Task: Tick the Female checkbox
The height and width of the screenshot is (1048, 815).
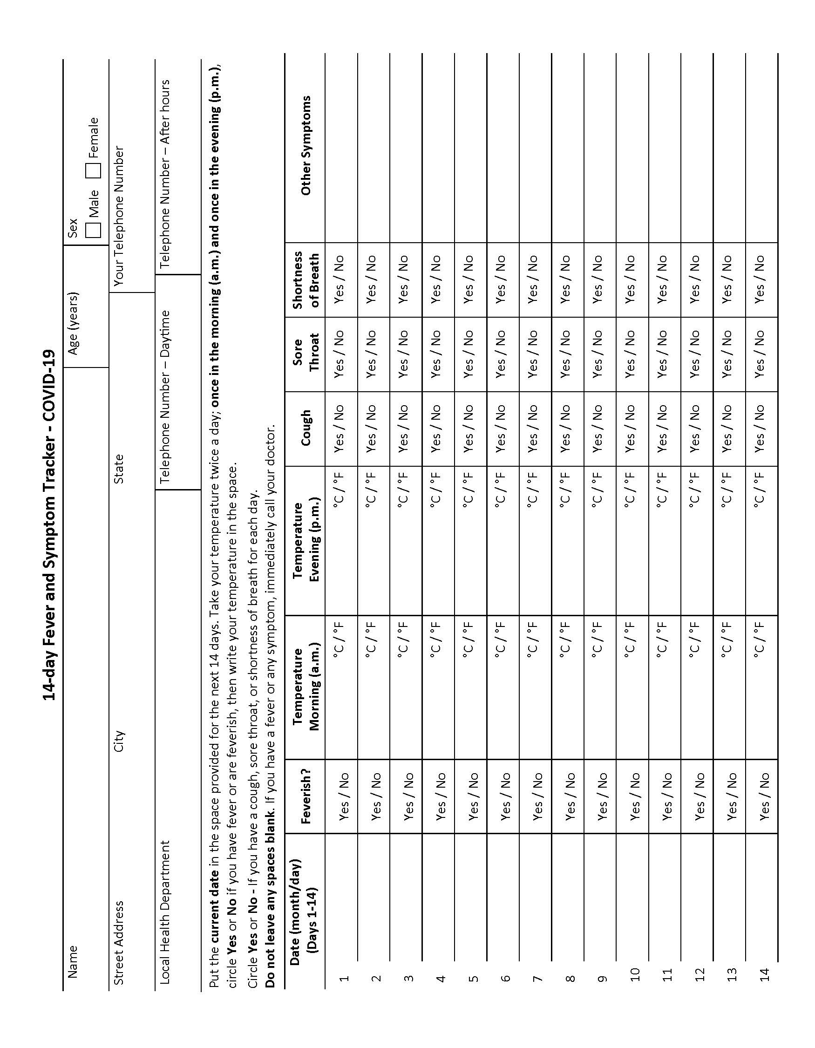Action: (x=93, y=170)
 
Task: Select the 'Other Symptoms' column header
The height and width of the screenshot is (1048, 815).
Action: (x=305, y=145)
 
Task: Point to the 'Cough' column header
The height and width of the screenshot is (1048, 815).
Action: (x=305, y=428)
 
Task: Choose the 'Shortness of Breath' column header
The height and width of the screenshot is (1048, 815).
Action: (x=305, y=279)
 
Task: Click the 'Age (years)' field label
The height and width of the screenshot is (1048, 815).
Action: (x=73, y=322)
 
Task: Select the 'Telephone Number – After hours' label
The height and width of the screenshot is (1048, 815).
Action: (x=164, y=174)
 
